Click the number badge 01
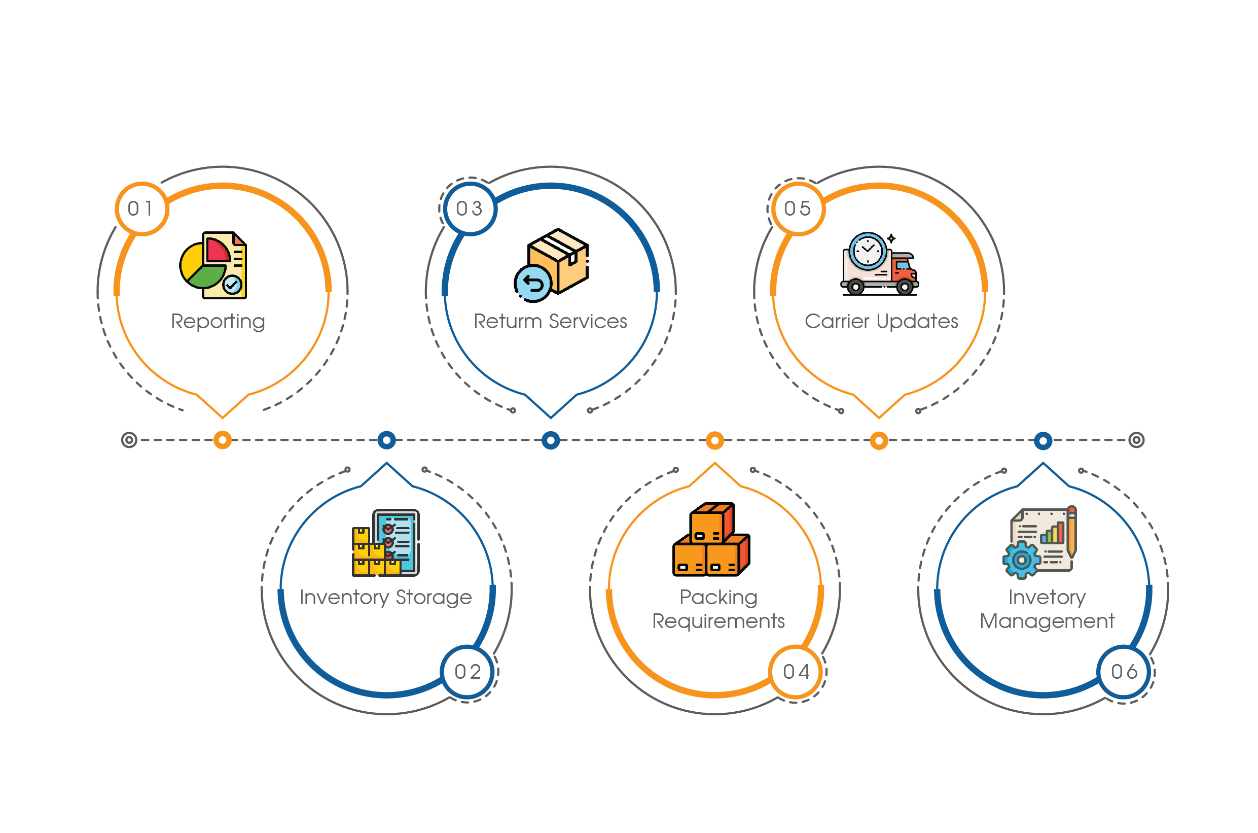[141, 209]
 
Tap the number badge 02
[468, 672]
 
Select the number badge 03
[470, 209]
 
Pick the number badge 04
[796, 672]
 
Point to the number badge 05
[798, 209]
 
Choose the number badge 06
[1124, 672]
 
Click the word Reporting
[218, 322]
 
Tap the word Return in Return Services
[507, 322]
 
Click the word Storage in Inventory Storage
[434, 598]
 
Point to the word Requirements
[718, 621]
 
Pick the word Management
[1047, 621]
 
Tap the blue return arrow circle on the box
[532, 284]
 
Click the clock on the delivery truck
[867, 250]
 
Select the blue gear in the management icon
[1021, 560]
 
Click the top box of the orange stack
[711, 523]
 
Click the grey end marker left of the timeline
[129, 440]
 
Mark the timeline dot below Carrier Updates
[879, 440]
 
